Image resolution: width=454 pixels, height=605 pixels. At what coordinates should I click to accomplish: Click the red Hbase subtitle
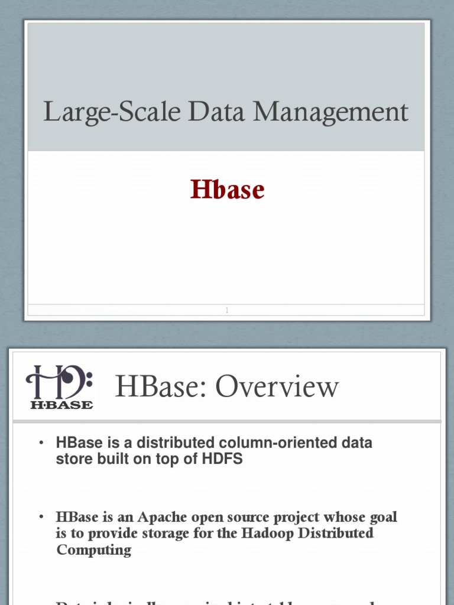point(227,190)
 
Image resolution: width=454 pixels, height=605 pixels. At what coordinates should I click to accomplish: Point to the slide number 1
point(227,310)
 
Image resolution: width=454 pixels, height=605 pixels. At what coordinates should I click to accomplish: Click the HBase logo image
point(59,386)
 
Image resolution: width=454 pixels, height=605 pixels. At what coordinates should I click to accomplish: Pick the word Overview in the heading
point(277,387)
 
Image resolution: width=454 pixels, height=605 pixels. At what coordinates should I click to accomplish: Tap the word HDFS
point(223,459)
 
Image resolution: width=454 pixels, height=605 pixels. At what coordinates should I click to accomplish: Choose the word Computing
point(93,550)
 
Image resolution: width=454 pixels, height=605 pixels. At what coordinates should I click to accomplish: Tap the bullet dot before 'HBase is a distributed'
point(41,443)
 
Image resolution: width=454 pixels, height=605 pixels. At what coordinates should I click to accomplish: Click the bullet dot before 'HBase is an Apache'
point(41,518)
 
